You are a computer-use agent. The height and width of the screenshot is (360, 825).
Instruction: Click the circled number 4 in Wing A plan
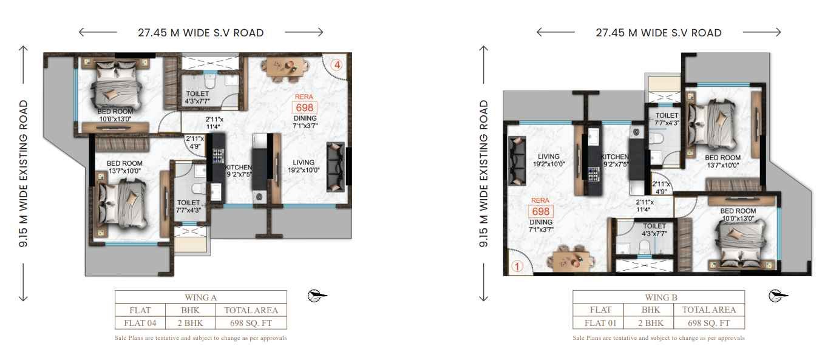click(x=337, y=65)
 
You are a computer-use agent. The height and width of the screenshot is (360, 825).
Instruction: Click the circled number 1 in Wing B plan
click(x=517, y=267)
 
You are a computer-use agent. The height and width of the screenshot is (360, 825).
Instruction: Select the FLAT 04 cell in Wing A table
click(x=140, y=323)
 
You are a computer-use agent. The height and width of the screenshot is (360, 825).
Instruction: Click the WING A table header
click(x=201, y=297)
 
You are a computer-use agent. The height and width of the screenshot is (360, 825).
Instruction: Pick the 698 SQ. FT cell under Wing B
click(x=708, y=323)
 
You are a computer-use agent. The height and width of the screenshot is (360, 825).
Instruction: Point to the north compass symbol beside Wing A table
click(x=317, y=296)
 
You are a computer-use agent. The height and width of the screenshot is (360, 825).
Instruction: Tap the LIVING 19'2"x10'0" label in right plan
click(x=548, y=160)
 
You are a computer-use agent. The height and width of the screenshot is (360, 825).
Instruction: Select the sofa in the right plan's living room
click(x=517, y=160)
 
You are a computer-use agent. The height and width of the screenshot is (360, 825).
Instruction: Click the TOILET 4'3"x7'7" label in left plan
click(x=197, y=97)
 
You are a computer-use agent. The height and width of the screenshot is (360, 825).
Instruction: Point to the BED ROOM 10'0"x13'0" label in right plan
click(x=738, y=214)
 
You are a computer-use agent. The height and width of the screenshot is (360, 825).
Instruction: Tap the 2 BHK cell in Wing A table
click(x=190, y=323)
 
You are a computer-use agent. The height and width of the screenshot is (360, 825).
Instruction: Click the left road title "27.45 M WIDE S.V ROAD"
click(x=201, y=33)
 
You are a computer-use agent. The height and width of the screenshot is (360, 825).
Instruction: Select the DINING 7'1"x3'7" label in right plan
click(x=541, y=225)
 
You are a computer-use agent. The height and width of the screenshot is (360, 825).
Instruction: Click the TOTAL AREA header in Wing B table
click(x=708, y=310)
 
